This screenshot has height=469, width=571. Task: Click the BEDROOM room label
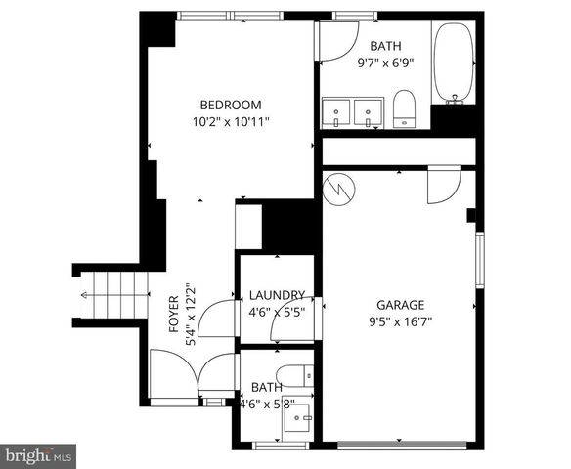click(231, 106)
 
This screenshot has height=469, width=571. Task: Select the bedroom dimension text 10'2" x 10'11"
click(231, 122)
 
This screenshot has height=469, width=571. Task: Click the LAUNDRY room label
click(278, 295)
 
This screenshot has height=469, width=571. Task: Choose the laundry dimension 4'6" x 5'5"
click(278, 312)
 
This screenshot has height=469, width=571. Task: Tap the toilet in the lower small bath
click(294, 374)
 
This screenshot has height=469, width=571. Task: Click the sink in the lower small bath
click(295, 419)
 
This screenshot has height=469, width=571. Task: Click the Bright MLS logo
click(38, 455)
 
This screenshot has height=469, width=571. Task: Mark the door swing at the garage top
click(442, 186)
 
